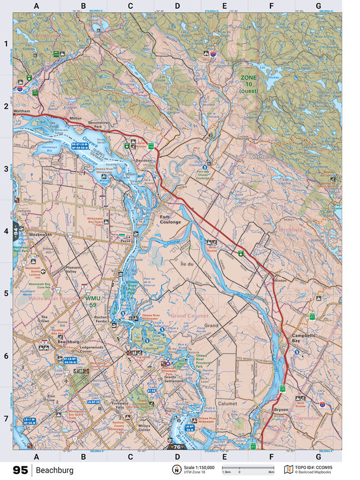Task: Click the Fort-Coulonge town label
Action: click(x=170, y=220)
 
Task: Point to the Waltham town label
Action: click(x=21, y=111)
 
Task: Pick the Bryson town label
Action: click(x=281, y=410)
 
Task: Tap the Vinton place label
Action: click(x=281, y=281)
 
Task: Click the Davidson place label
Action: click(x=144, y=160)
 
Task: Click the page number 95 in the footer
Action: click(x=20, y=470)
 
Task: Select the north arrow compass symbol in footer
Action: click(x=175, y=470)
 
